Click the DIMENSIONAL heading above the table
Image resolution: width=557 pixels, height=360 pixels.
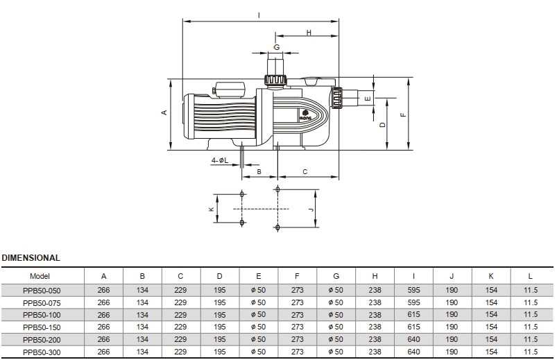pyautogui.click(x=31, y=258)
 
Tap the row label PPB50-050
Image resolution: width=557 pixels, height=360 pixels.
pyautogui.click(x=41, y=291)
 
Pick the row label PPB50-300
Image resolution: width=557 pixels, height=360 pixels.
pyautogui.click(x=41, y=352)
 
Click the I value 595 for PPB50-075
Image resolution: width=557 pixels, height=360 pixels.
pyautogui.click(x=413, y=302)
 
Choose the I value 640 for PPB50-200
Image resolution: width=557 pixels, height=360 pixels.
pyautogui.click(x=413, y=339)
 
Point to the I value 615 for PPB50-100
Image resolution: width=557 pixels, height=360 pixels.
pyautogui.click(x=413, y=315)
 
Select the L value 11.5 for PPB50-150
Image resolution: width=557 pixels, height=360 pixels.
pyautogui.click(x=531, y=327)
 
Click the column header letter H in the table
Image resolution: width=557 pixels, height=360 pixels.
pyautogui.click(x=375, y=276)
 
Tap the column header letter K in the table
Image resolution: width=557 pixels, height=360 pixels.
pyautogui.click(x=491, y=276)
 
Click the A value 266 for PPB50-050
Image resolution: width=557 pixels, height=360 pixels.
pyautogui.click(x=103, y=291)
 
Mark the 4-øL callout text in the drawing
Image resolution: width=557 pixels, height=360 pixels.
pyautogui.click(x=220, y=161)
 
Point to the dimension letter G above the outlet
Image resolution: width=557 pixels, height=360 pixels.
pyautogui.click(x=276, y=47)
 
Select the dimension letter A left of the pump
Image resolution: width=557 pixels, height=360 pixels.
pyautogui.click(x=164, y=112)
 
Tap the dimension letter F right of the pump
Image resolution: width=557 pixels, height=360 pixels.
pyautogui.click(x=402, y=114)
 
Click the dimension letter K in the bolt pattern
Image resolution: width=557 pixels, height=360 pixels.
pyautogui.click(x=211, y=208)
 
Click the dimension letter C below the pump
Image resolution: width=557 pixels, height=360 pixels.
pyautogui.click(x=305, y=171)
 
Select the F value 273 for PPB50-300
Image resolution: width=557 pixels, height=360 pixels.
pyautogui.click(x=298, y=352)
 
